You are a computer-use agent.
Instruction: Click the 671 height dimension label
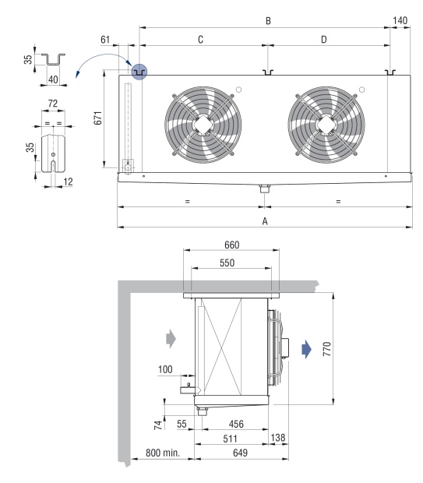click(97, 118)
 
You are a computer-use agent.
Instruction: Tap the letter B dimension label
click(268, 20)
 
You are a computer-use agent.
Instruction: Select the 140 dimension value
click(400, 20)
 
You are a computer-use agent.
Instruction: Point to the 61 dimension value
click(105, 40)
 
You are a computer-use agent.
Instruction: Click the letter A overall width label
click(265, 221)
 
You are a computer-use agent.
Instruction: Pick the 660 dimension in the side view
click(231, 245)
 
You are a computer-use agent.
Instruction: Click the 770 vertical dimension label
click(327, 349)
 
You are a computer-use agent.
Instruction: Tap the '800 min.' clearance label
click(162, 453)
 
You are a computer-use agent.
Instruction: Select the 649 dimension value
click(240, 453)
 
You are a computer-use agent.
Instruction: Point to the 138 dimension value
click(278, 437)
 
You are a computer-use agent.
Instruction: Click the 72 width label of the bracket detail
click(53, 103)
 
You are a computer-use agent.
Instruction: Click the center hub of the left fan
click(203, 125)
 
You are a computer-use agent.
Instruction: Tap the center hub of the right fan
click(326, 125)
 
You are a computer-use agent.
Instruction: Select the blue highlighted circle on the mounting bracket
click(139, 72)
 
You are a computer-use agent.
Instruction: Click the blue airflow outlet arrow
click(307, 349)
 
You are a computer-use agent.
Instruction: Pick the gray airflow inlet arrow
click(171, 339)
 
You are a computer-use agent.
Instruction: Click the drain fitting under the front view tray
click(265, 189)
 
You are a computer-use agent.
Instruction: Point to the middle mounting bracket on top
click(268, 72)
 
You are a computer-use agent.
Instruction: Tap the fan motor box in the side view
click(285, 347)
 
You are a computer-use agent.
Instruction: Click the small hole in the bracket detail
click(53, 154)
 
